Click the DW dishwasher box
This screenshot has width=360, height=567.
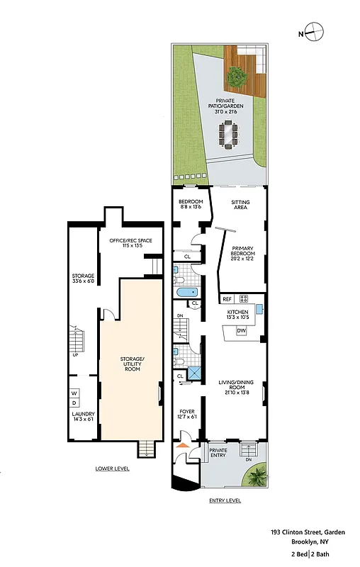pos(241,331)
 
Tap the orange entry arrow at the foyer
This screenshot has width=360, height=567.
pos(183,444)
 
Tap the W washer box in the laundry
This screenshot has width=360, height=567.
pos(74,393)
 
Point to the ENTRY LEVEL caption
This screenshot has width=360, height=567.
pos(225,500)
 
